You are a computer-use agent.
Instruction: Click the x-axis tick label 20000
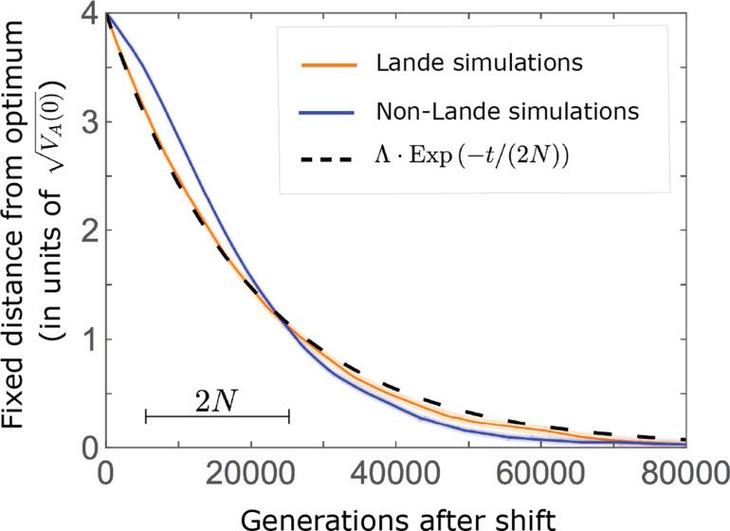coord(249,471)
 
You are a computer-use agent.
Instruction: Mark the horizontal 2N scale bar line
coord(217,416)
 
